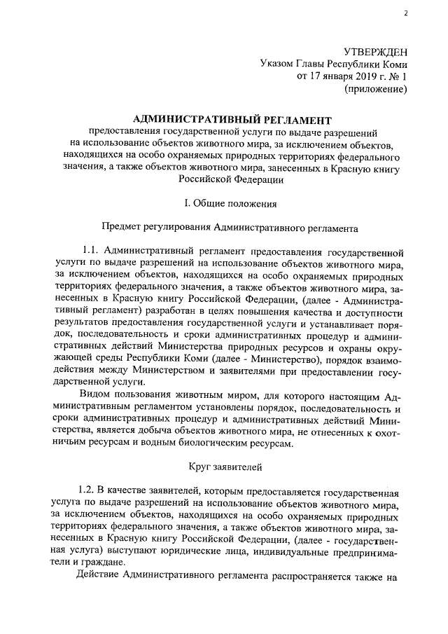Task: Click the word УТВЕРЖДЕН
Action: pyautogui.click(x=374, y=52)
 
